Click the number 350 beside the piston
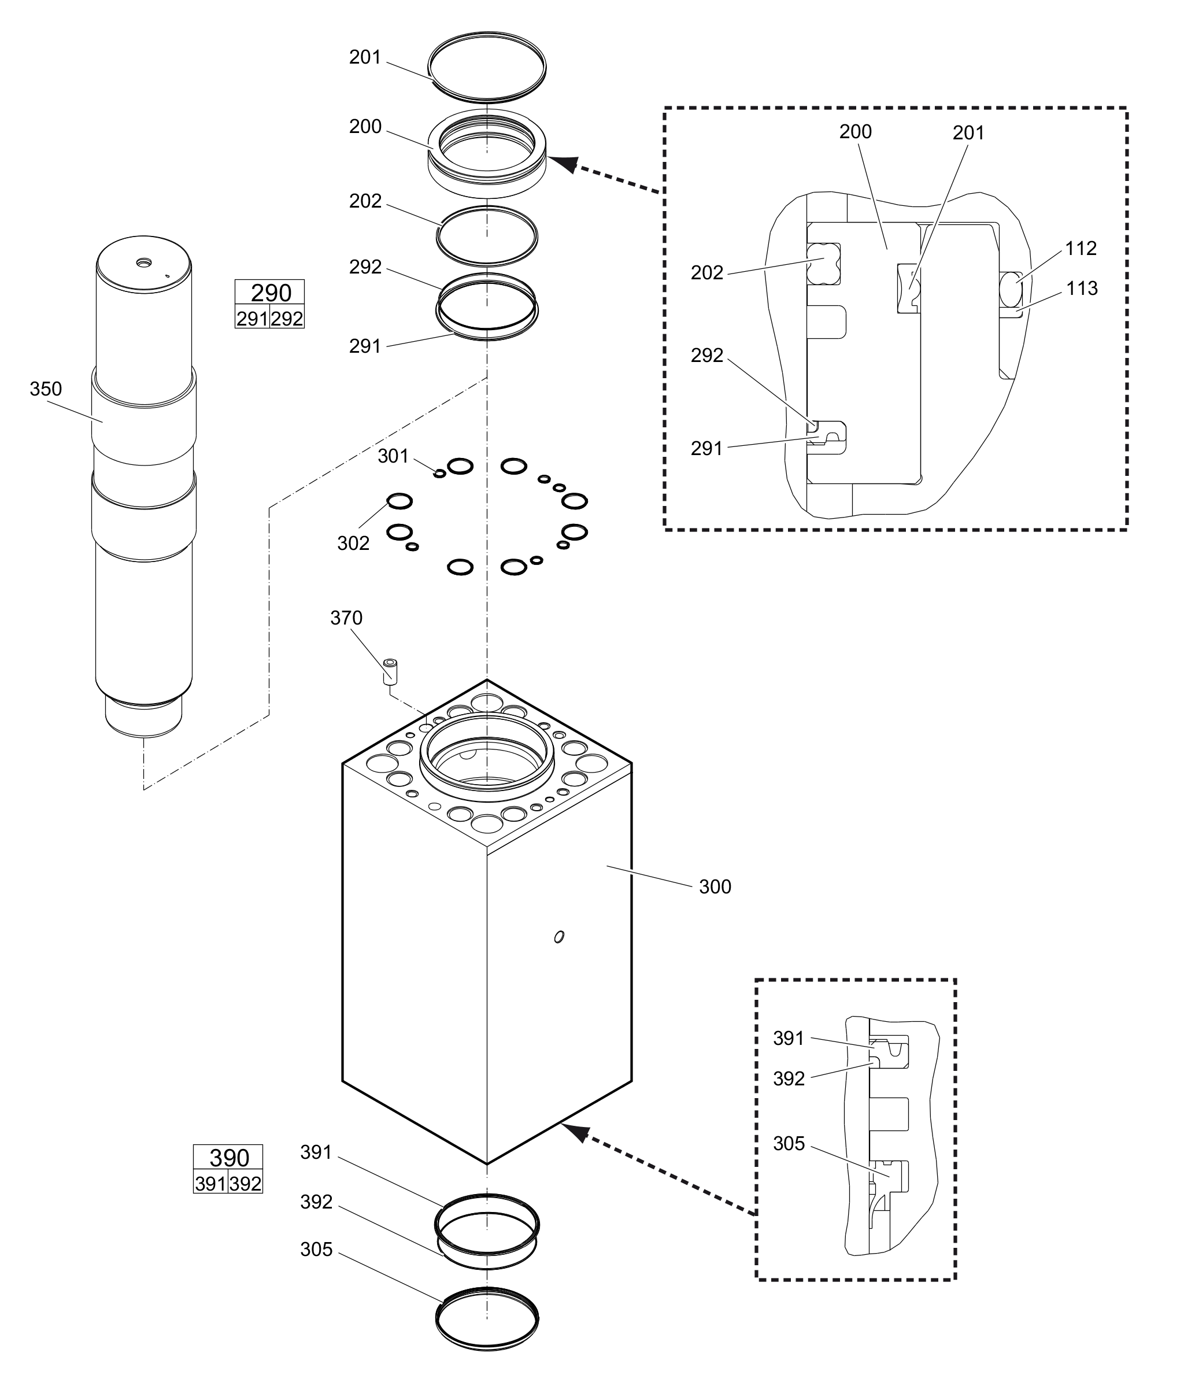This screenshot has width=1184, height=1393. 46,389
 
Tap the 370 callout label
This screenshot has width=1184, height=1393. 346,618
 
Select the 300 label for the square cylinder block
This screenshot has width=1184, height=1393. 715,887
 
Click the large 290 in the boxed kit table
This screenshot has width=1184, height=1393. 271,293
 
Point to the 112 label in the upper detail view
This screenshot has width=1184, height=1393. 1081,249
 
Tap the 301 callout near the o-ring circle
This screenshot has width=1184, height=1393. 393,456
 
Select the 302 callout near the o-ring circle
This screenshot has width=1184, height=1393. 353,543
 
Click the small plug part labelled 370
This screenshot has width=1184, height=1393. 390,671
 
